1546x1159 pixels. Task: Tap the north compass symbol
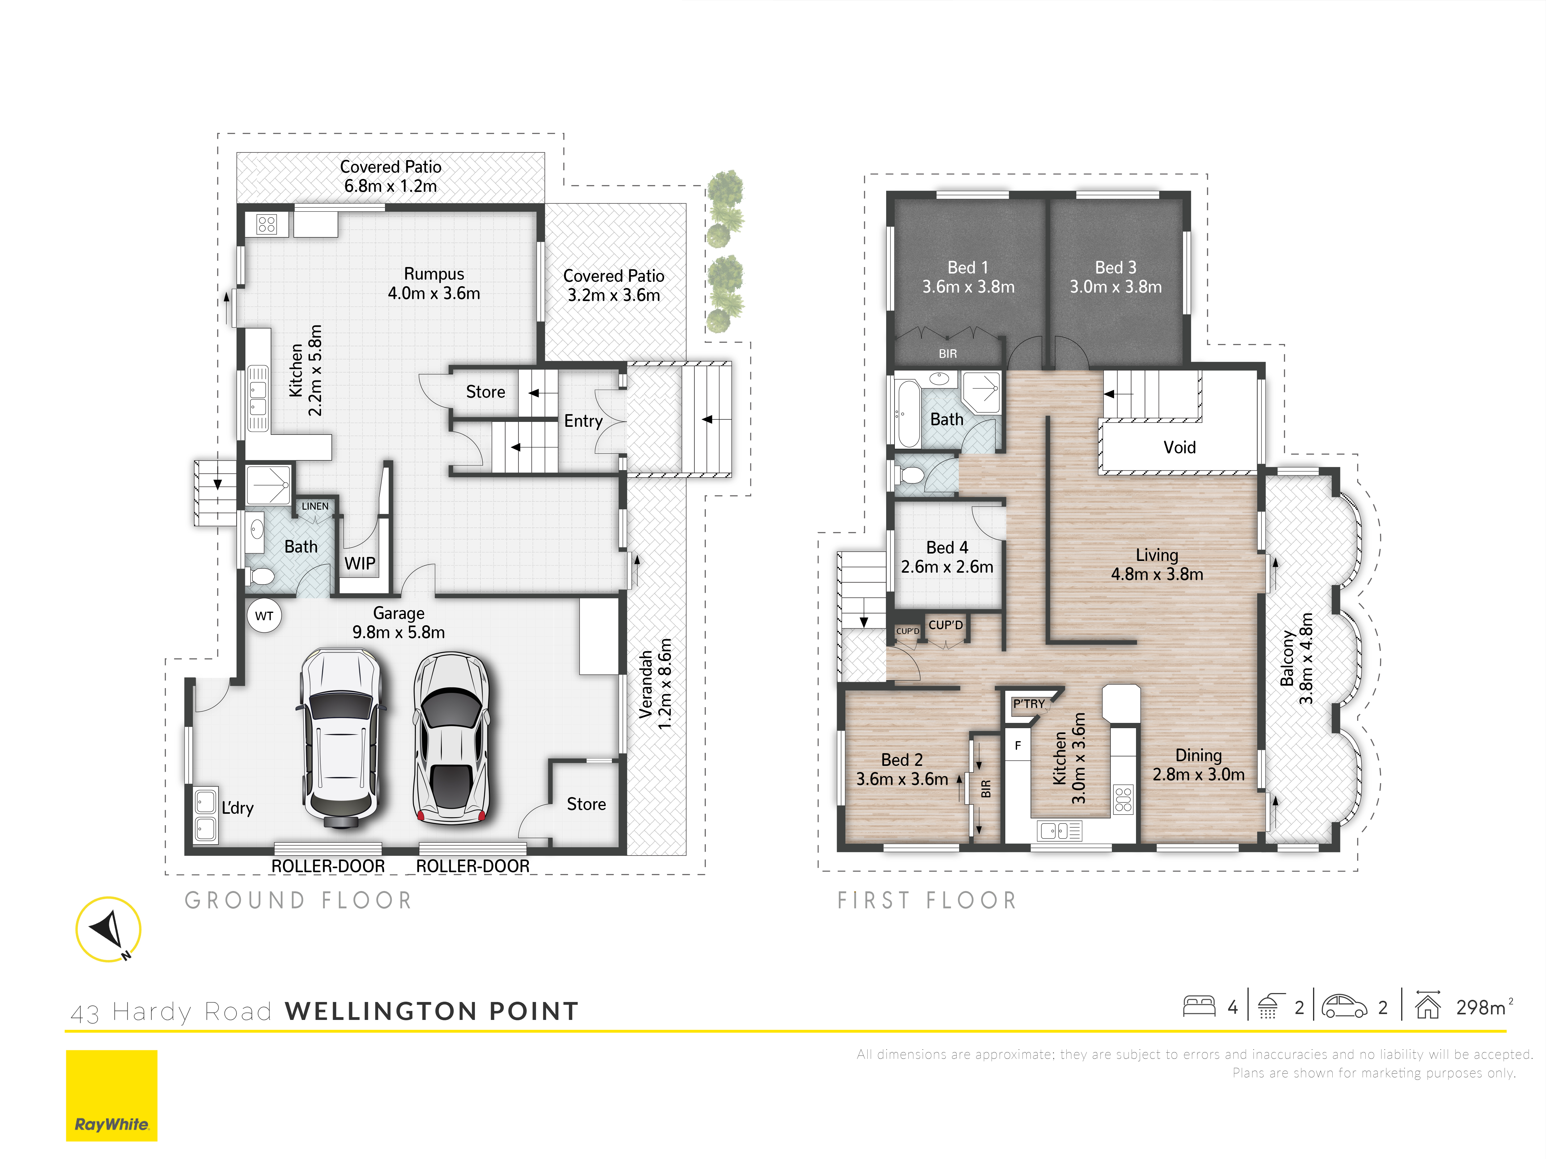pyautogui.click(x=108, y=929)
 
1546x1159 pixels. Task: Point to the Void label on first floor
pyautogui.click(x=1179, y=447)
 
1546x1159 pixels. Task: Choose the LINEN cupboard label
pyautogui.click(x=314, y=506)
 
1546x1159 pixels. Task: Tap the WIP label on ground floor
pyautogui.click(x=360, y=563)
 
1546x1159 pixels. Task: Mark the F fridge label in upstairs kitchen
pyautogui.click(x=1018, y=745)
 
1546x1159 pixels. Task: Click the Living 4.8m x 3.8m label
pyautogui.click(x=1157, y=564)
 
